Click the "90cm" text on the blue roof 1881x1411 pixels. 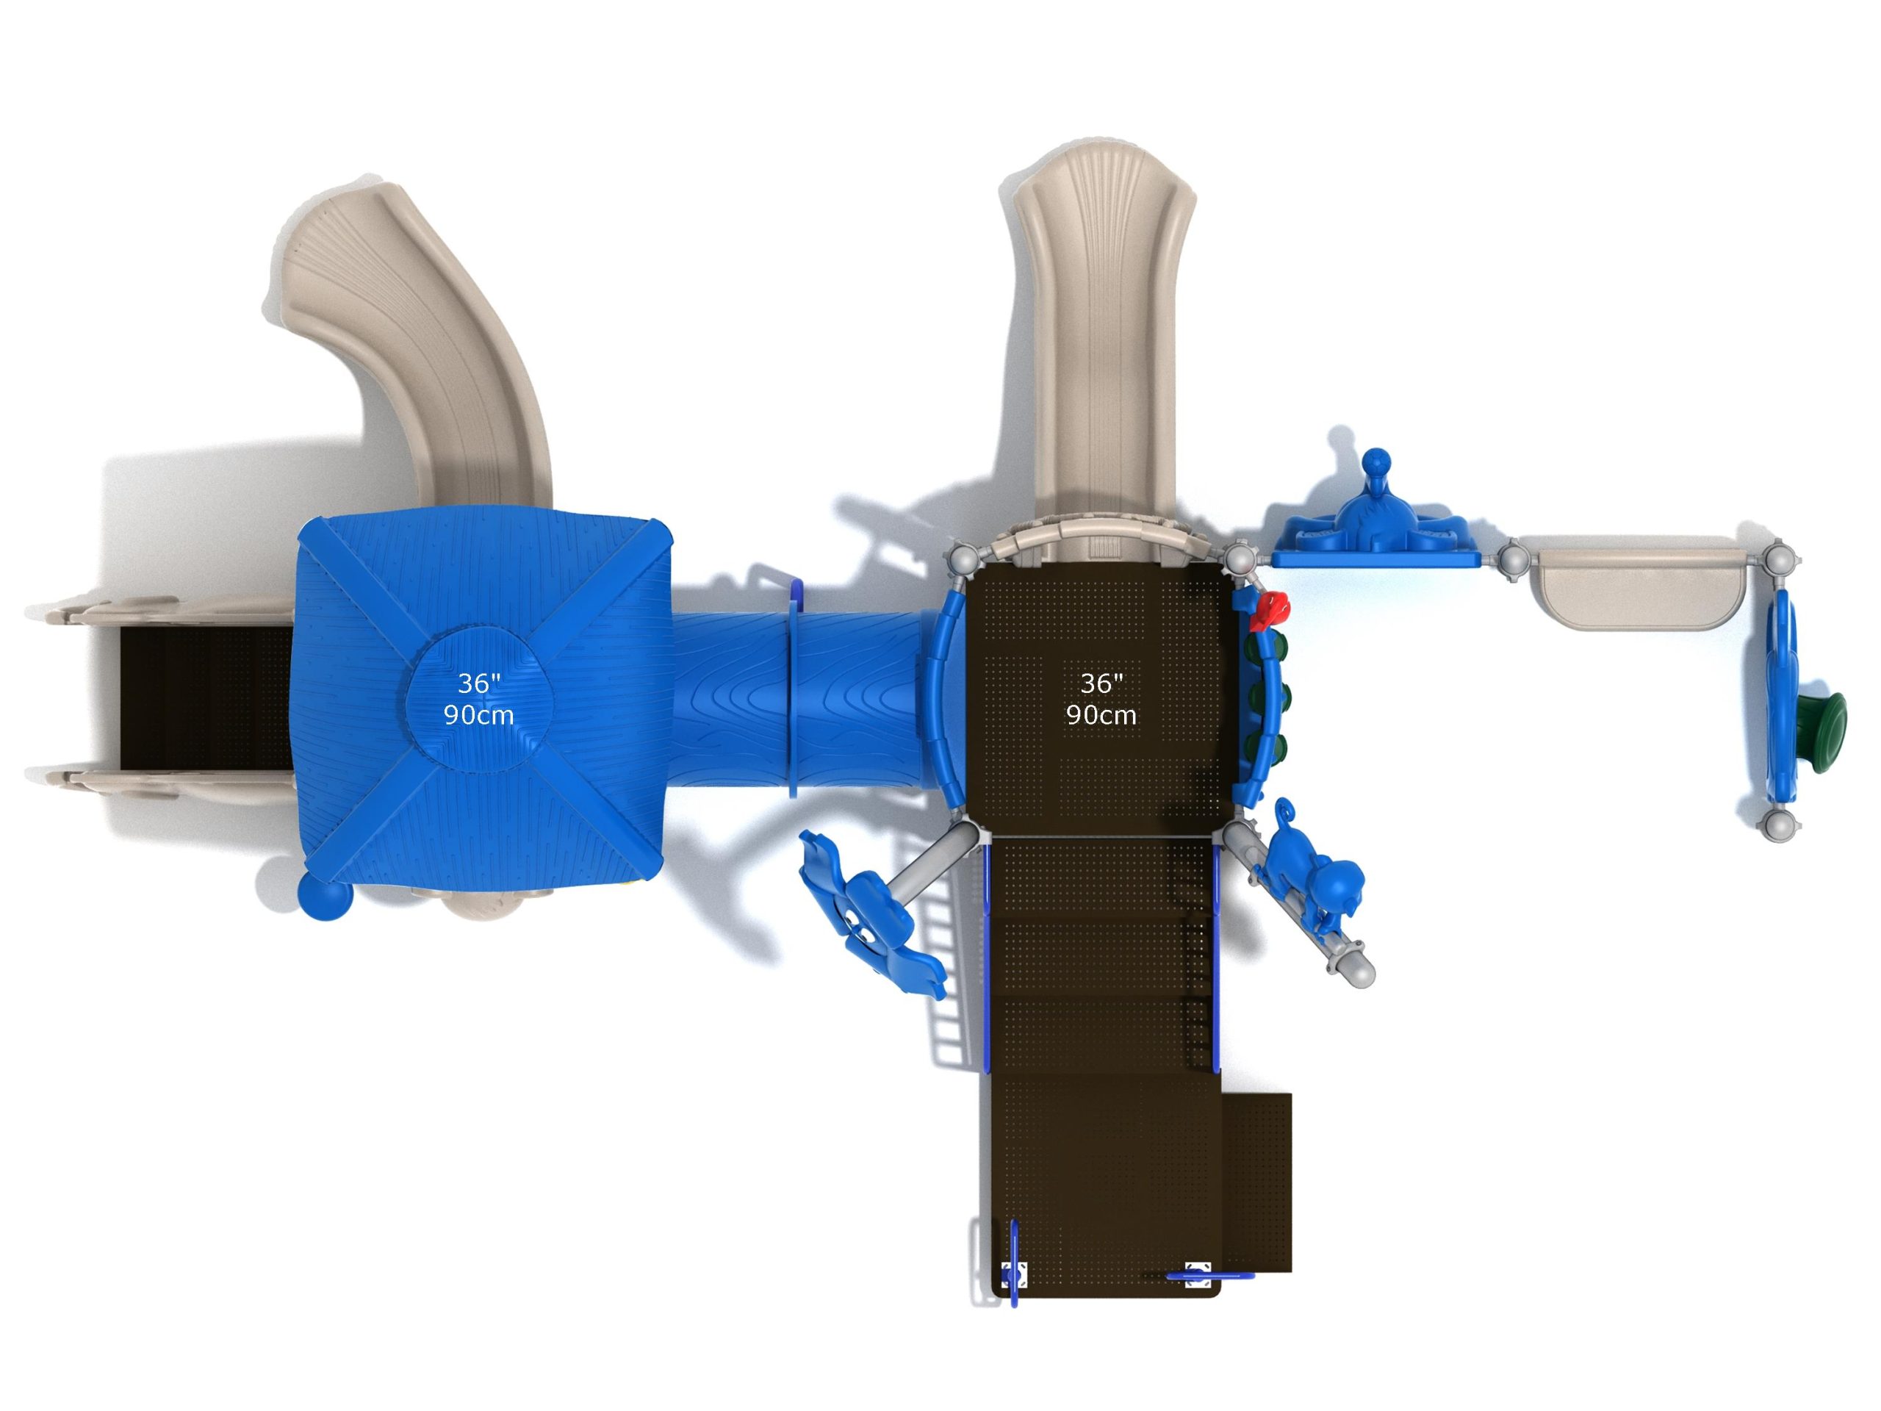pyautogui.click(x=479, y=715)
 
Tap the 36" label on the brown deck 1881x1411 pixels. pyautogui.click(x=1101, y=682)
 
